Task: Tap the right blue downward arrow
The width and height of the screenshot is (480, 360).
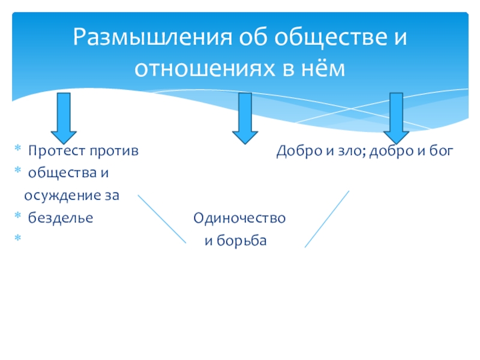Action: pos(397,116)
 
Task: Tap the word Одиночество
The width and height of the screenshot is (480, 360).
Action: pos(239,218)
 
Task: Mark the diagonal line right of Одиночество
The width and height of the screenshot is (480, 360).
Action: pos(327,219)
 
